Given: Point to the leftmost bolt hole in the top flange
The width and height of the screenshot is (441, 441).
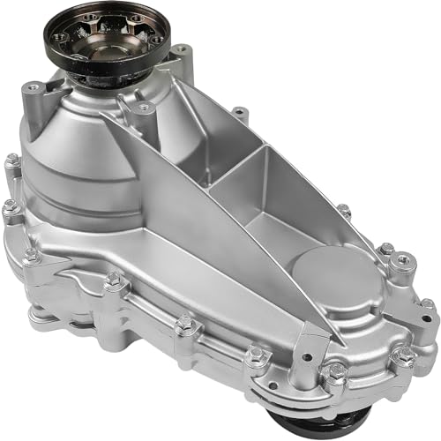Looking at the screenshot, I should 59,38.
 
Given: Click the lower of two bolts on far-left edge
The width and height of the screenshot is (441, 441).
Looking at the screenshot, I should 11,208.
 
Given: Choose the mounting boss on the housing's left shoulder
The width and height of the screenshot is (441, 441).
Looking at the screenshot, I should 35,89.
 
